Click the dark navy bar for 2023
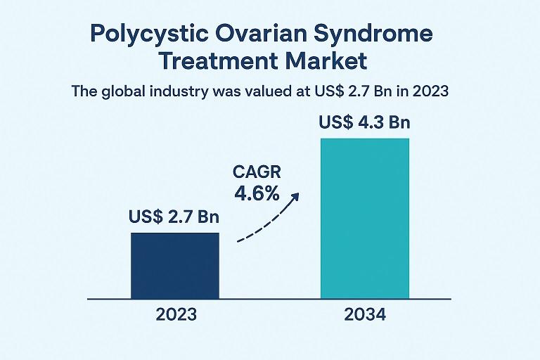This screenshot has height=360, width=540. coord(175,266)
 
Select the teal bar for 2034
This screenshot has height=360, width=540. coord(365,218)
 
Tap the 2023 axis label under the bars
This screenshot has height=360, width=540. coord(175,314)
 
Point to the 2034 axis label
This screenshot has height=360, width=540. coord(365,314)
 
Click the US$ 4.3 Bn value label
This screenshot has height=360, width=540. coord(364,123)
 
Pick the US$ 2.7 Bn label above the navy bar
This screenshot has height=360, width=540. coord(174,217)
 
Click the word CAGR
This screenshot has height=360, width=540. coord(256,171)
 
